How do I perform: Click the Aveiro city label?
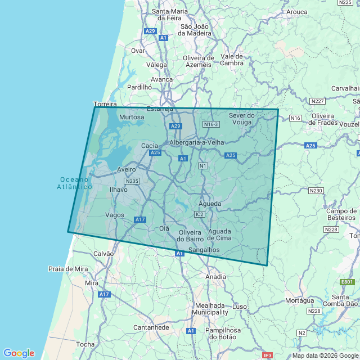click(x=127, y=169)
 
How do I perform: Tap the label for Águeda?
click(x=210, y=204)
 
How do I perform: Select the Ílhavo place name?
click(x=118, y=190)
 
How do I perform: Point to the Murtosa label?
click(x=132, y=117)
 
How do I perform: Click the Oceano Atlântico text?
click(x=75, y=183)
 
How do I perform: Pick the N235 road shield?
click(x=132, y=181)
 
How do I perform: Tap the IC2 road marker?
click(x=200, y=214)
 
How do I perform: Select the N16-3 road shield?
click(x=211, y=124)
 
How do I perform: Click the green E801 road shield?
click(x=346, y=282)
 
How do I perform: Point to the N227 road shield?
click(x=318, y=101)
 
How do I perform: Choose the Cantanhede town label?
click(x=151, y=327)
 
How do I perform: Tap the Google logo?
click(x=19, y=353)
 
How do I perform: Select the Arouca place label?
click(x=296, y=11)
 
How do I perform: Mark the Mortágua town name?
click(x=300, y=300)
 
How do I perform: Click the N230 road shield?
click(x=316, y=191)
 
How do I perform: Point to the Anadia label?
click(x=215, y=277)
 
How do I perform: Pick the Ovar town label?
click(x=138, y=51)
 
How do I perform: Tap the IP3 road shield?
click(x=268, y=355)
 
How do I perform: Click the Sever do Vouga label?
click(x=242, y=119)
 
